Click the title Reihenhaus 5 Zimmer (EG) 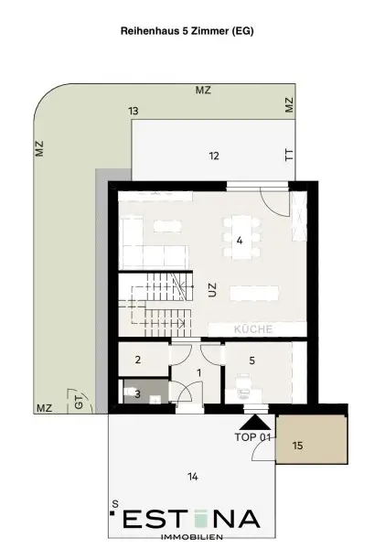coord(187,31)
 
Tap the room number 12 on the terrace coord(214,156)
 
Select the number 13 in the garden coord(134,111)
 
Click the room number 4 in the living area coord(240,241)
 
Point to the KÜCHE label coord(253,329)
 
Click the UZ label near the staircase coord(212,290)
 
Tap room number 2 coord(138,360)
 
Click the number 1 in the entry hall coord(199,373)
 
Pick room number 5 coord(252,361)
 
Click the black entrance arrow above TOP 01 coord(255,423)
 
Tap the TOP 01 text coord(252,437)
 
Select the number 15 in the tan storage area coord(297,446)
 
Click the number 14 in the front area coord(193,477)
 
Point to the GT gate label coord(80,402)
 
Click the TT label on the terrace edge coord(289,155)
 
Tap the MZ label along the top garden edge coord(203,91)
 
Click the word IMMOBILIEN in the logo coord(191,537)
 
